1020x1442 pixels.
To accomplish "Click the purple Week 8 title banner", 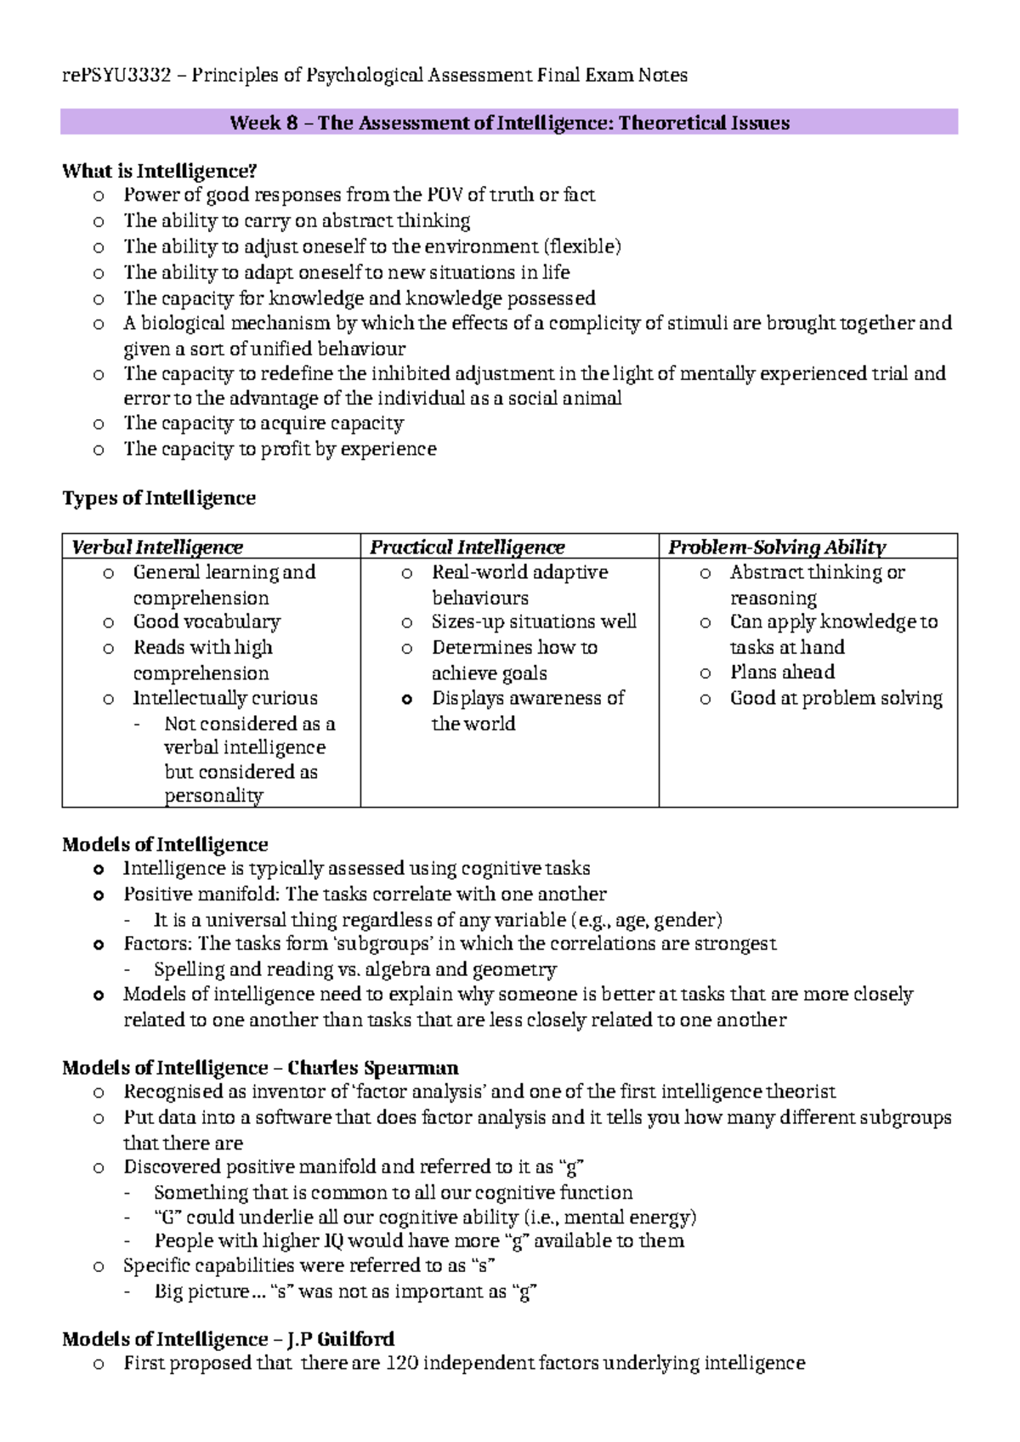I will pyautogui.click(x=509, y=122).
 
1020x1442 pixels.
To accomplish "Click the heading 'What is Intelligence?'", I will pyautogui.click(x=159, y=171).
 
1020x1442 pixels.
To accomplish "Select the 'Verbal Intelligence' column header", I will pyautogui.click(x=157, y=547).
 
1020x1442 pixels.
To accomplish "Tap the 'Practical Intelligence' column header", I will pyautogui.click(x=467, y=547).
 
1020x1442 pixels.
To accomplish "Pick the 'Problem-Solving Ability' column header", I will pyautogui.click(x=777, y=547).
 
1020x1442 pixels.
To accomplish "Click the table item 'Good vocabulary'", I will pyautogui.click(x=207, y=622).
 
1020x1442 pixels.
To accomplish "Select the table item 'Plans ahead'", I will pyautogui.click(x=782, y=672).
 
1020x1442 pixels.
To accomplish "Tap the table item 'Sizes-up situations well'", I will pyautogui.click(x=534, y=622).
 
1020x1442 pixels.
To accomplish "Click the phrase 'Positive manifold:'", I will pyautogui.click(x=202, y=894).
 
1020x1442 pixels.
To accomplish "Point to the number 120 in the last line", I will pyautogui.click(x=401, y=1363).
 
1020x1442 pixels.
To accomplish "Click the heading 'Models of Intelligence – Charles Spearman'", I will pyautogui.click(x=260, y=1067).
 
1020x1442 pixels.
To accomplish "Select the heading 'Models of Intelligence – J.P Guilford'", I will pyautogui.click(x=228, y=1339).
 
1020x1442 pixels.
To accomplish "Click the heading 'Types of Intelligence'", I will pyautogui.click(x=159, y=497).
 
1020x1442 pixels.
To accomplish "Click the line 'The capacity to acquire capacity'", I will pyautogui.click(x=263, y=423).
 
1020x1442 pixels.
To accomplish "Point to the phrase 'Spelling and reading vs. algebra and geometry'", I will pyautogui.click(x=355, y=969).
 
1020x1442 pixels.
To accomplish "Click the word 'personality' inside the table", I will pyautogui.click(x=213, y=796).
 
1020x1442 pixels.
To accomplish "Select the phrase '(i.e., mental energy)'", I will pyautogui.click(x=610, y=1217).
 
